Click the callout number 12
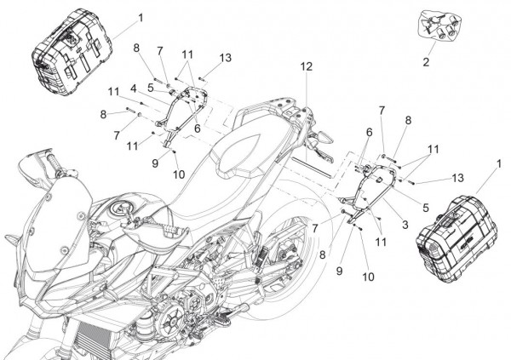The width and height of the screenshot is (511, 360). coord(306,66)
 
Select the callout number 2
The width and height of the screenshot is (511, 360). coord(427,62)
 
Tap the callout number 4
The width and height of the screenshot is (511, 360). coord(133,88)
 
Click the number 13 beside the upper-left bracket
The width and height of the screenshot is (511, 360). coord(225,57)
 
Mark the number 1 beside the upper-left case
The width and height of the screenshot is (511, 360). coord(141,16)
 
